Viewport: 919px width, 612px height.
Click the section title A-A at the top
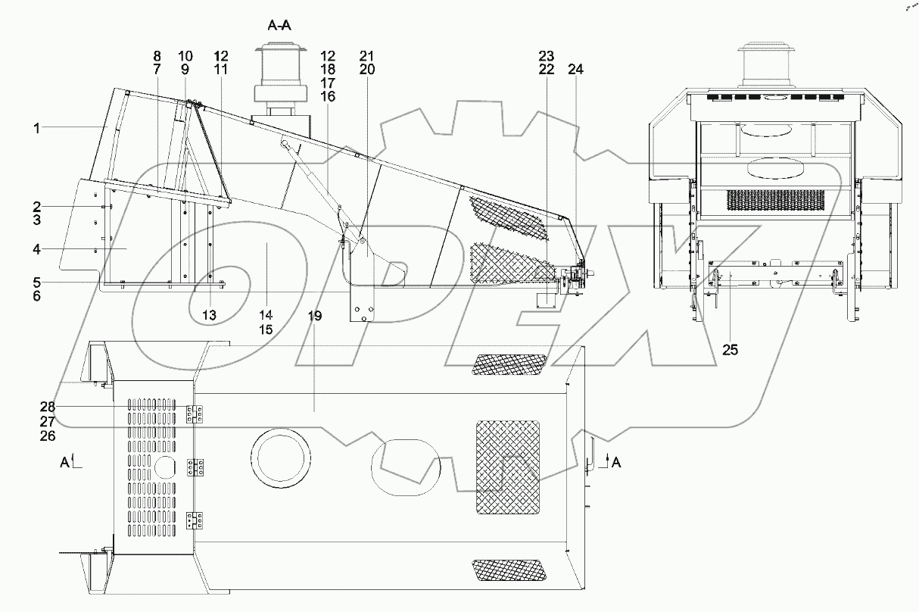[x=279, y=25]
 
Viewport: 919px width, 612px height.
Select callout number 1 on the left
[x=36, y=128]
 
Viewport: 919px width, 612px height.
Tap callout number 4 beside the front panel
[x=36, y=248]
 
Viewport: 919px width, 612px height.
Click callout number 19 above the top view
[x=315, y=316]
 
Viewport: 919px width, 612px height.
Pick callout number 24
[x=576, y=69]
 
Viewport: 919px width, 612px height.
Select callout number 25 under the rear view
[x=731, y=350]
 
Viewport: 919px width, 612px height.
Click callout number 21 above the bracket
[x=367, y=56]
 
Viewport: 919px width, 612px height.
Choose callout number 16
[x=328, y=96]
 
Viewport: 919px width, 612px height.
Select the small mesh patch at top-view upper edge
[x=507, y=364]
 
